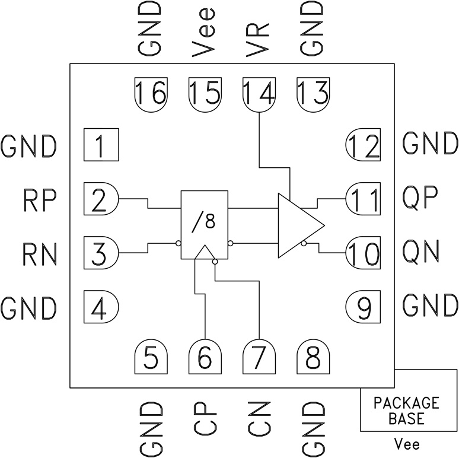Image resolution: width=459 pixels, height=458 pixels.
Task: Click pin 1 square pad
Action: pos(101,145)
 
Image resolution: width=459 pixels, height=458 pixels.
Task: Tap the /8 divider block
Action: pos(205,224)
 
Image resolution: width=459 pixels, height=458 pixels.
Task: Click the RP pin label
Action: pos(40,200)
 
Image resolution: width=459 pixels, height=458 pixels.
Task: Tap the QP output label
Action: pos(420,200)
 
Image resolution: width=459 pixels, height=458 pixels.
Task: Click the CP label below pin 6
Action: pos(205,419)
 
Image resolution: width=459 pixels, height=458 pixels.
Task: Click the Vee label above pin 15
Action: pos(205,30)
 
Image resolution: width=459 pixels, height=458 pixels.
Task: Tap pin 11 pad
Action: pos(363,200)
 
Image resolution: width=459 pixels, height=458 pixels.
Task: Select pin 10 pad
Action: pos(363,253)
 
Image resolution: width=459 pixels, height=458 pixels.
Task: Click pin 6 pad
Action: pos(205,358)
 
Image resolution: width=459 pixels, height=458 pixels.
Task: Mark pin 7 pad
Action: pos(259,358)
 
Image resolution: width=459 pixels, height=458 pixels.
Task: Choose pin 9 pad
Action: pos(363,307)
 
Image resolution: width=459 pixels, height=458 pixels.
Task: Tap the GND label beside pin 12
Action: pos(430,144)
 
